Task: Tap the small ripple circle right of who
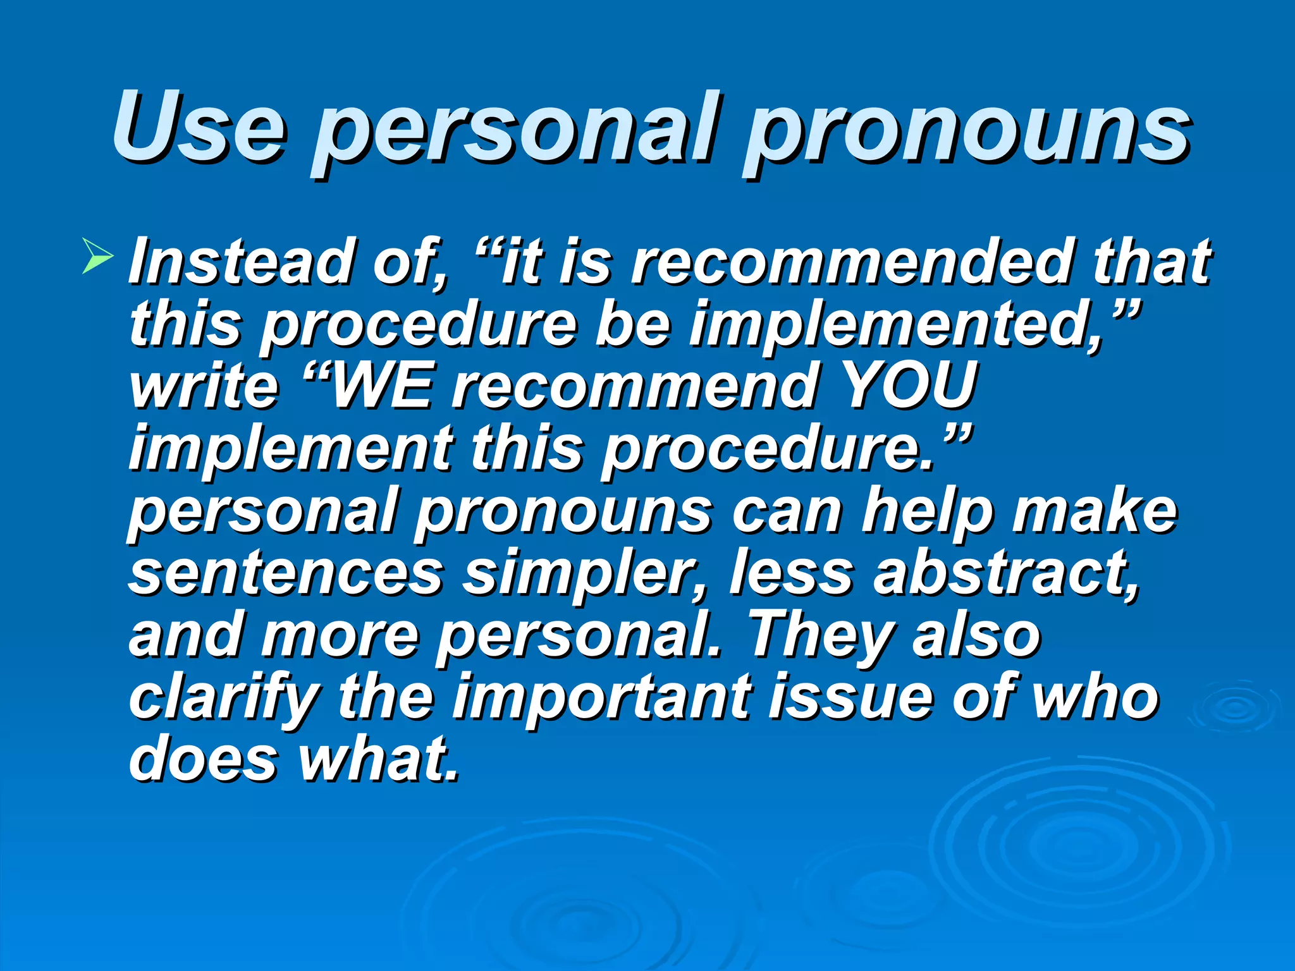pyautogui.click(x=1236, y=708)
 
